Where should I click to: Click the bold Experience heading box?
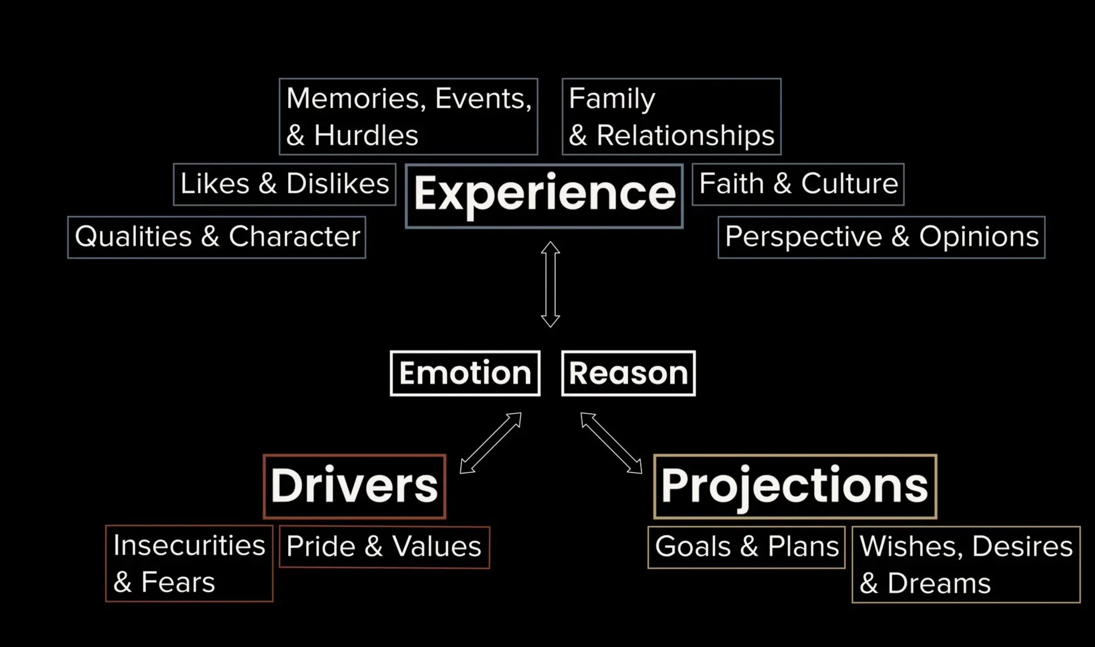click(x=544, y=195)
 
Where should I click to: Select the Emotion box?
click(x=465, y=373)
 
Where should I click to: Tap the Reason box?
click(x=628, y=373)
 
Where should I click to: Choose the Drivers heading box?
click(x=354, y=486)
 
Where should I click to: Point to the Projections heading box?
click(x=795, y=486)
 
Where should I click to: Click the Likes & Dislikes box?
click(x=285, y=184)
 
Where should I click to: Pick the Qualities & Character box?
click(x=217, y=237)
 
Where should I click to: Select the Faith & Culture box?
click(x=798, y=184)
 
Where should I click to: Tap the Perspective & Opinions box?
click(x=881, y=237)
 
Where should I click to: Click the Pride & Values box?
click(x=384, y=547)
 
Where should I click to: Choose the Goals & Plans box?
click(x=746, y=547)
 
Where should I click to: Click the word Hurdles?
click(x=366, y=135)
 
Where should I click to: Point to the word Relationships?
click(x=685, y=135)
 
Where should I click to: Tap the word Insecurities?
click(x=189, y=546)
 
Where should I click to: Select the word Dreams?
click(x=939, y=583)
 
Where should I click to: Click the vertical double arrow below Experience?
click(x=550, y=284)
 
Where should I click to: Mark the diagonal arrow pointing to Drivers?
click(x=491, y=443)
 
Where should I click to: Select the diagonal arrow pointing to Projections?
click(x=611, y=443)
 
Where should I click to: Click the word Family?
click(x=612, y=99)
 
